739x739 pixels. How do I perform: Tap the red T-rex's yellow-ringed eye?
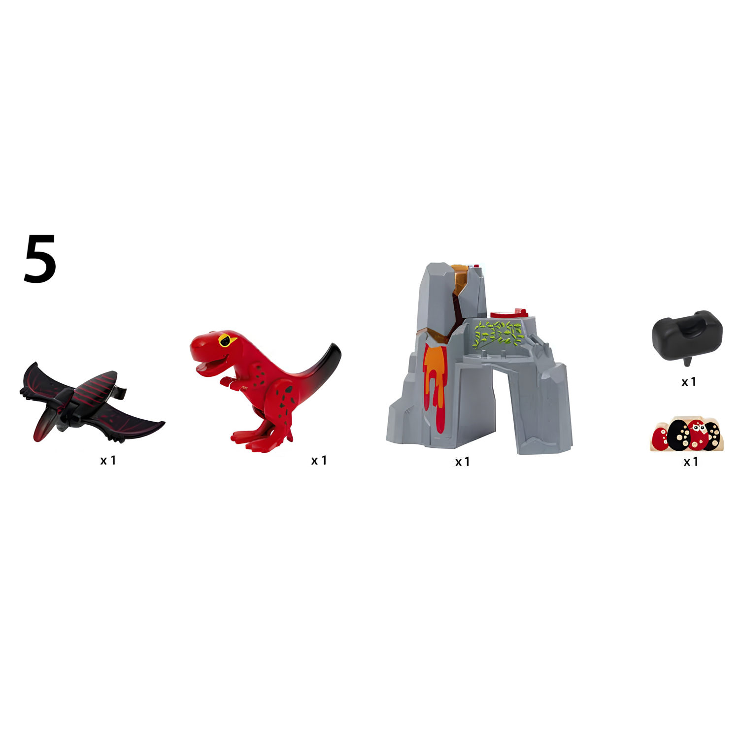pyautogui.click(x=226, y=340)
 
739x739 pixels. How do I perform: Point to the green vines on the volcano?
pyautogui.click(x=498, y=335)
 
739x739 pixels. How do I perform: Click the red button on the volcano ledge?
pyautogui.click(x=508, y=313)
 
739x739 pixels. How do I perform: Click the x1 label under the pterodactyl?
pyautogui.click(x=108, y=460)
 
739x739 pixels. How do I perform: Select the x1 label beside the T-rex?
pyautogui.click(x=319, y=460)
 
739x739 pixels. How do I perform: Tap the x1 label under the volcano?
pyautogui.click(x=462, y=462)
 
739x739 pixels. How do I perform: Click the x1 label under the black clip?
pyautogui.click(x=688, y=382)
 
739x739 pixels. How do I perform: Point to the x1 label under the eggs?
pyautogui.click(x=691, y=462)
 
